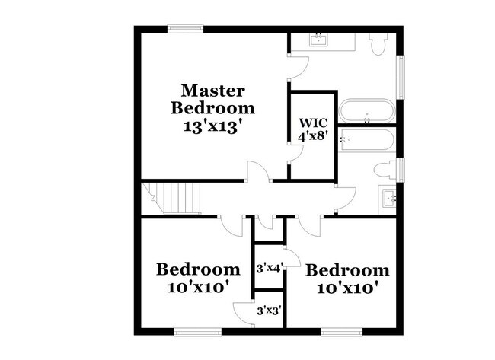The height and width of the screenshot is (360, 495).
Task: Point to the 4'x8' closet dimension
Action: (312, 137)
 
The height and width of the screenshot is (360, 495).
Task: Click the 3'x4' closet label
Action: (269, 267)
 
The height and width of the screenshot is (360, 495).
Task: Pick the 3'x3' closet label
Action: (269, 311)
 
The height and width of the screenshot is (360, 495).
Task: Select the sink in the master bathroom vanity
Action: (318, 40)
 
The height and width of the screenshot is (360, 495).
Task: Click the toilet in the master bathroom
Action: (378, 43)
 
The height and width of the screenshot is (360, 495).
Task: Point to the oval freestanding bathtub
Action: (367, 112)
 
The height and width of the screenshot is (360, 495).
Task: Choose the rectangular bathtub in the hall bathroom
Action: (366, 141)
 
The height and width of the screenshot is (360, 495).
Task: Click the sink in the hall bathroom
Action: (390, 199)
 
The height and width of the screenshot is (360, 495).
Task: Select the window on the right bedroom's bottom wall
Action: (342, 331)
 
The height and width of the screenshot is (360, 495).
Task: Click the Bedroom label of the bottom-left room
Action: (198, 269)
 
